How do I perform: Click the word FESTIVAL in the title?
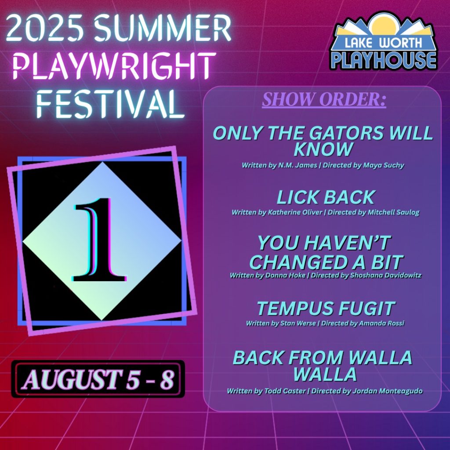pos(110,104)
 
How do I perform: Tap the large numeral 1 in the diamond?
pos(100,239)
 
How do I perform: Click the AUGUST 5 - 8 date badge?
pos(98,379)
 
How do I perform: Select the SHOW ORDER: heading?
pos(324,99)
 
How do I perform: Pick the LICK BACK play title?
pos(326,197)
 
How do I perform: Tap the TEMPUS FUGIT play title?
pos(326,308)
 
